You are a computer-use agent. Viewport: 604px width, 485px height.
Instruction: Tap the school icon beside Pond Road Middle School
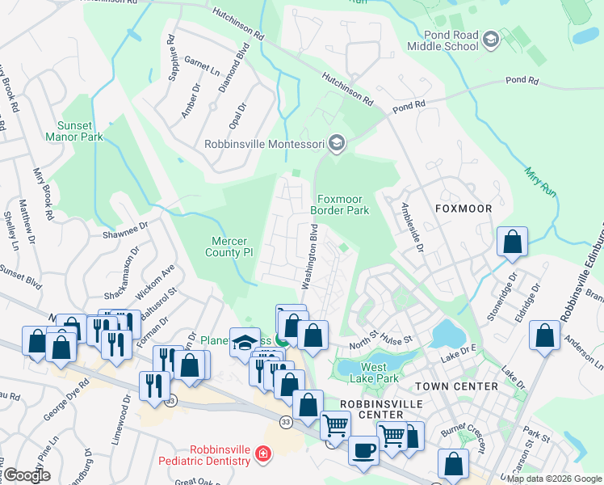[490, 39]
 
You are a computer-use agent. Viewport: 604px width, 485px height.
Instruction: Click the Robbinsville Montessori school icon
[337, 145]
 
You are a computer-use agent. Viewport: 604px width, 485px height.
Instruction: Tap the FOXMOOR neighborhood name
[463, 209]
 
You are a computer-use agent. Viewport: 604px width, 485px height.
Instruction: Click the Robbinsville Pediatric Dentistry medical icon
[262, 455]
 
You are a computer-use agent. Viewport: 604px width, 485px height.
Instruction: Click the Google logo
[27, 475]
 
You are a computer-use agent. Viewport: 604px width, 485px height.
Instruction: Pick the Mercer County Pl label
[233, 247]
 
